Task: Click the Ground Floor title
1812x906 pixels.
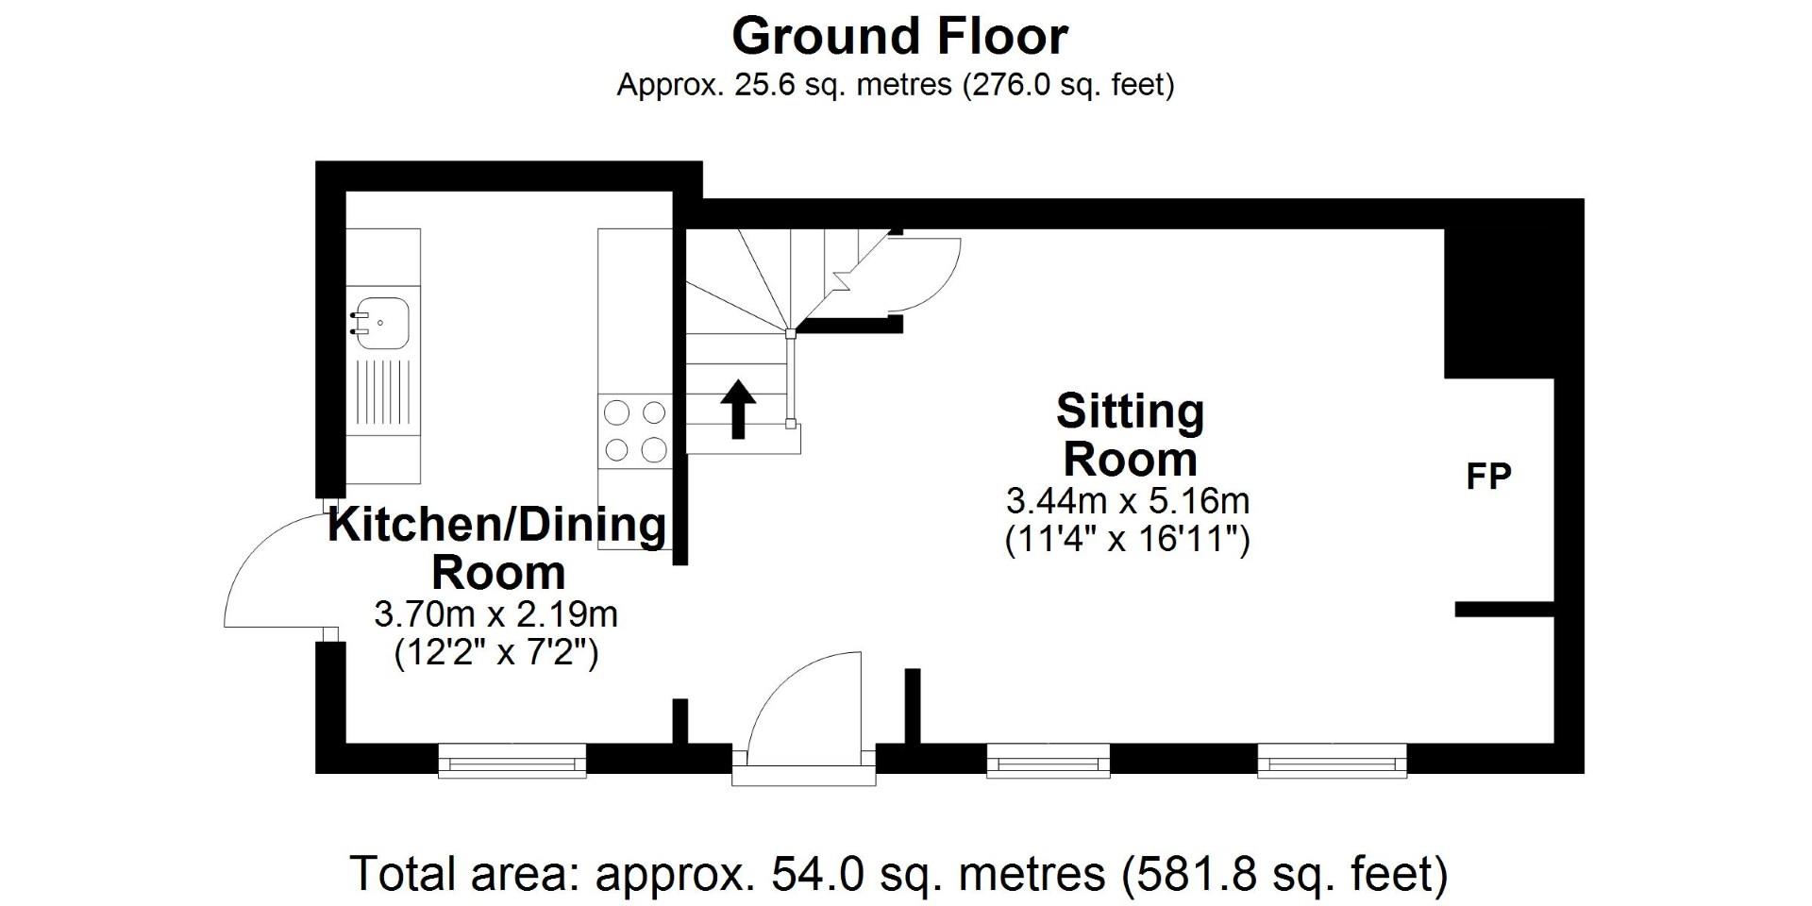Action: click(899, 38)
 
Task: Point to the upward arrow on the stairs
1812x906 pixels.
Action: click(738, 409)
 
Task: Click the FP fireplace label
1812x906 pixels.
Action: click(1488, 478)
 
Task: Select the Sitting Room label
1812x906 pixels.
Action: click(1130, 436)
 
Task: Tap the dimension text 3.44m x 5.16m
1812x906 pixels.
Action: click(1128, 500)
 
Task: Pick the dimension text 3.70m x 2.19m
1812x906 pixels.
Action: click(496, 615)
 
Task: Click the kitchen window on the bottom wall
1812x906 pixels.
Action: click(512, 761)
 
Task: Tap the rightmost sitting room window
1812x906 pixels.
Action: click(1332, 761)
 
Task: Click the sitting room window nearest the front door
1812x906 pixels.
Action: click(1048, 761)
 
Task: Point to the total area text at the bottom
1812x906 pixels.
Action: click(898, 874)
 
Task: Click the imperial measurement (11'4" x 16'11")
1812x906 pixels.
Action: click(1128, 541)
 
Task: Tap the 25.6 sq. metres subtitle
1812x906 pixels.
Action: click(895, 86)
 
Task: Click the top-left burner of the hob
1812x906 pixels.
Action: click(616, 413)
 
